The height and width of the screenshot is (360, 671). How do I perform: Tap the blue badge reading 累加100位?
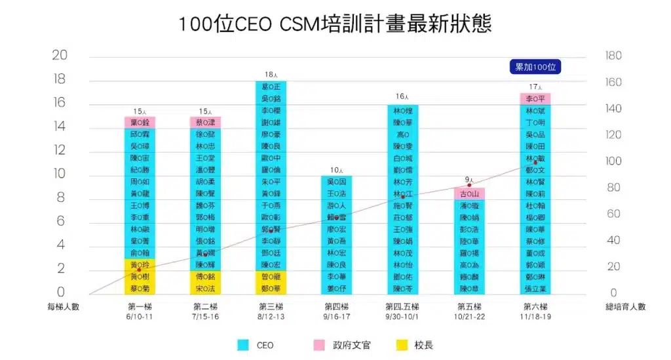pyautogui.click(x=536, y=67)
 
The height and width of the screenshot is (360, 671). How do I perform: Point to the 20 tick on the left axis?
pyautogui.click(x=60, y=55)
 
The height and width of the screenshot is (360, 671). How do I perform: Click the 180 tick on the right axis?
pyautogui.click(x=613, y=56)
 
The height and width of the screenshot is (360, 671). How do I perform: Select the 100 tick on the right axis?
pyautogui.click(x=613, y=161)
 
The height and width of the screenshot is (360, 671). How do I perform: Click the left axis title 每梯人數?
pyautogui.click(x=63, y=306)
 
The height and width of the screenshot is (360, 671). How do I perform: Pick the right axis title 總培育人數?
pyautogui.click(x=624, y=306)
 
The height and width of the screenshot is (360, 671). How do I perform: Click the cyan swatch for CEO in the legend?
pyautogui.click(x=242, y=345)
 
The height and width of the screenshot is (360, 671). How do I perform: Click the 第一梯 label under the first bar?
pyautogui.click(x=139, y=306)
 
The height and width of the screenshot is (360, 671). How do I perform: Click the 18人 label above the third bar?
pyautogui.click(x=271, y=75)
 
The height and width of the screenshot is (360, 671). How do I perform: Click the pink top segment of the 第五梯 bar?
pyautogui.click(x=469, y=193)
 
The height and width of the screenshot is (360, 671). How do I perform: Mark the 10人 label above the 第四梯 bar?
pyautogui.click(x=336, y=170)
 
